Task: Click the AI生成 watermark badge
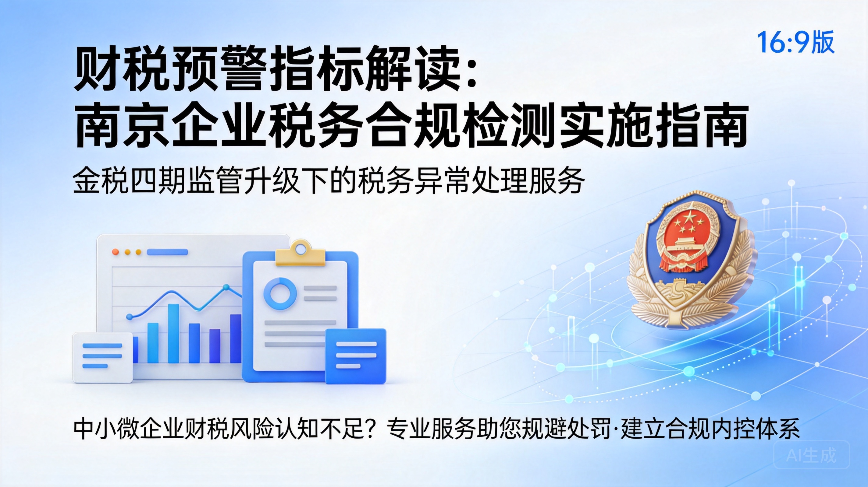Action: (811, 455)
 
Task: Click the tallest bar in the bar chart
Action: (173, 334)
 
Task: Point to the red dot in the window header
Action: (116, 252)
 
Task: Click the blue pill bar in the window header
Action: (167, 252)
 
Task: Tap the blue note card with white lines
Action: (355, 356)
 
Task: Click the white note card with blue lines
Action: (102, 357)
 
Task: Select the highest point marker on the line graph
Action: (226, 287)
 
